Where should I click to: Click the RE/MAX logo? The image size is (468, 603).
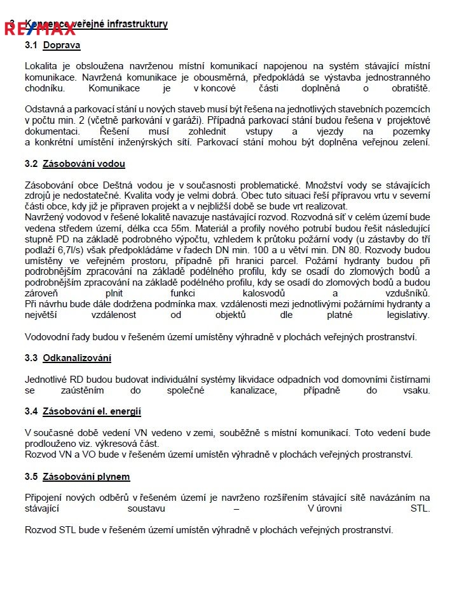(39, 28)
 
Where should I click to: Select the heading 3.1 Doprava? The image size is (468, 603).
(53, 45)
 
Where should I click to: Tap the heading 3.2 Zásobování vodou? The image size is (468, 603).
(75, 163)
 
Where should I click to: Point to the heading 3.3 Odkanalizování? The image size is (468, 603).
(68, 357)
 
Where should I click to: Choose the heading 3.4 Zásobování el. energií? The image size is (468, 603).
(83, 411)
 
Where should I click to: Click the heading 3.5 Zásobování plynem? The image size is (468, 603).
(77, 476)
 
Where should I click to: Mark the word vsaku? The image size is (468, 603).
(416, 390)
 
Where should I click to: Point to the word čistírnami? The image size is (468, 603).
(405, 379)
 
